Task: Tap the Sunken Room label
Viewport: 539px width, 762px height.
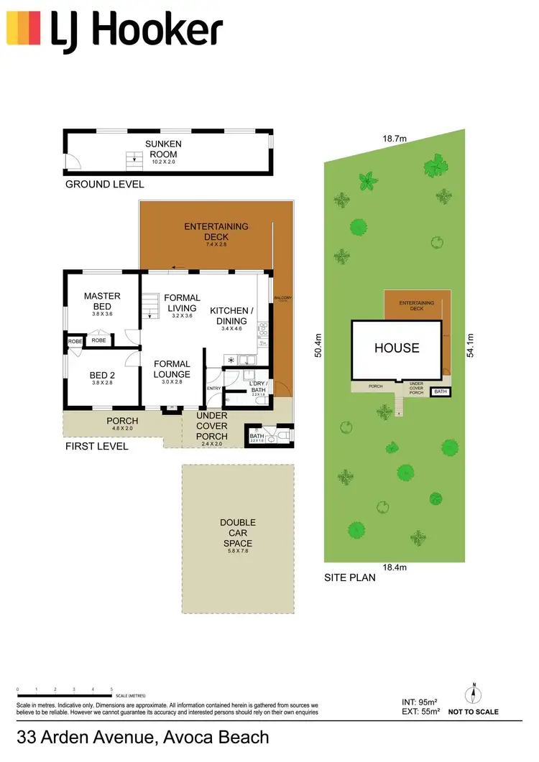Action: (163, 148)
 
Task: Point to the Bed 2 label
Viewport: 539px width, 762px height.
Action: (102, 375)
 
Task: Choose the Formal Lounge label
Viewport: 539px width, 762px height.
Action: (172, 369)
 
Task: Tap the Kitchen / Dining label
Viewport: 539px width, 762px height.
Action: (231, 316)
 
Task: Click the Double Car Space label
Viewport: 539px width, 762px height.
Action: (238, 533)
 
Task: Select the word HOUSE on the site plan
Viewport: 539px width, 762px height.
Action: (396, 348)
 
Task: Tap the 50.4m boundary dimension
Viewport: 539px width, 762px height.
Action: (317, 348)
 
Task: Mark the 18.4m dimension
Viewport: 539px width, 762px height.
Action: (395, 567)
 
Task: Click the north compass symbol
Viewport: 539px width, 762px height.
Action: (474, 694)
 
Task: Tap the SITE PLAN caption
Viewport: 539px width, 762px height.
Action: (349, 577)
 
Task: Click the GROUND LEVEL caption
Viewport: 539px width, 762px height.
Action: (104, 185)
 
